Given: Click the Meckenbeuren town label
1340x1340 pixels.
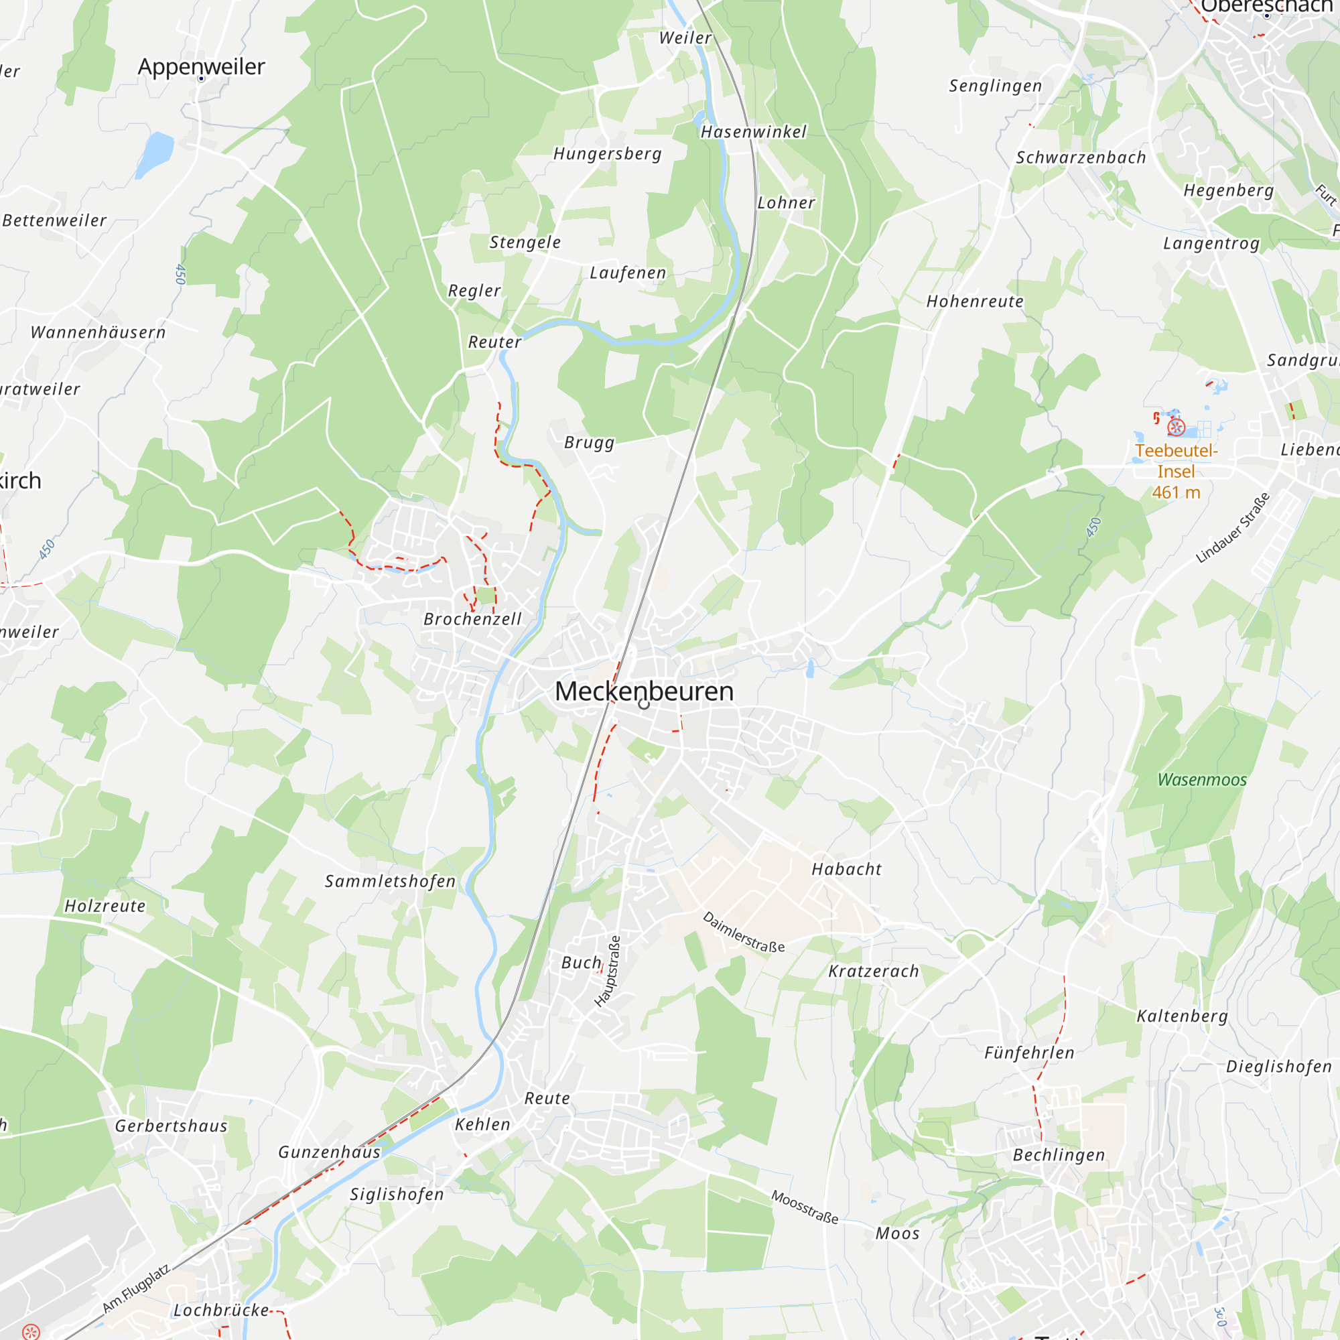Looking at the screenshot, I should tap(644, 691).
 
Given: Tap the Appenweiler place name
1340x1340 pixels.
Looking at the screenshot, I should tap(201, 66).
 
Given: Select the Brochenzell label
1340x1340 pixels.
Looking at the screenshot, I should tap(472, 618).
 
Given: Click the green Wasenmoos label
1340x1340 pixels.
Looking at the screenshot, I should tap(1202, 780).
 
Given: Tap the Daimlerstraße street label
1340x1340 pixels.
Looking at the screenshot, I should tap(744, 932).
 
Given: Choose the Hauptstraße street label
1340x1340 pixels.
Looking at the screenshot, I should tap(608, 971).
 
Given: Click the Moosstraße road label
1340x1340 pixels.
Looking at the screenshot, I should tap(805, 1207).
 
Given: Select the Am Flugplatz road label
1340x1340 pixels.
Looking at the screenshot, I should tap(136, 1288).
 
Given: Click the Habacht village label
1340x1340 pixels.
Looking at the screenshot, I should tap(846, 869).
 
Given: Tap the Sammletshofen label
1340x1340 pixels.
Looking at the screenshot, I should tap(391, 881).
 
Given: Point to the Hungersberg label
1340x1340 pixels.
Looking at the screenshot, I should tap(607, 153).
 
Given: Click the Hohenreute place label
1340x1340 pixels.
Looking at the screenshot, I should tap(974, 301).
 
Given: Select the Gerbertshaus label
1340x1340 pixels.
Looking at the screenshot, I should tap(172, 1126).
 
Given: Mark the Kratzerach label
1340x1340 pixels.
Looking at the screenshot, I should tap(873, 971).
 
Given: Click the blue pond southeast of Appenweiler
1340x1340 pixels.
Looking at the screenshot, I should tap(155, 154).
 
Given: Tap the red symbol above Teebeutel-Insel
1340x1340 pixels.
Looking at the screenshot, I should tap(1177, 427).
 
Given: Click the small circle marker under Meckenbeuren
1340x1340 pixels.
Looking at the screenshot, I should tap(644, 704).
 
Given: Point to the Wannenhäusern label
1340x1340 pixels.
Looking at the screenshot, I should tap(98, 332).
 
